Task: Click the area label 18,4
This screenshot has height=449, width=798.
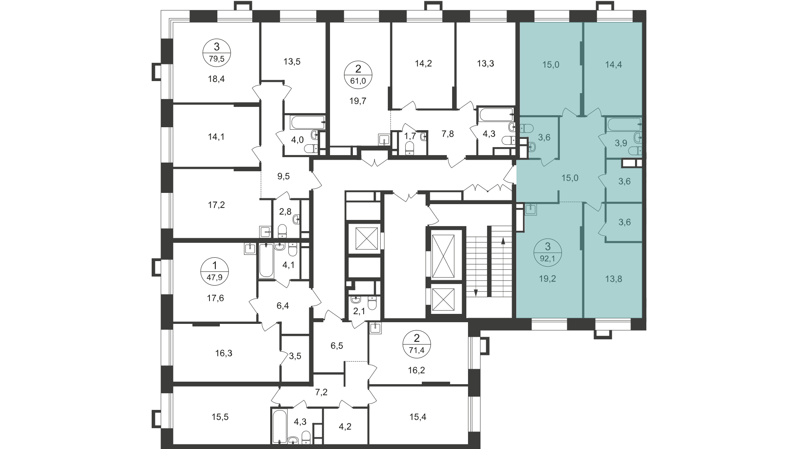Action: [x=217, y=79]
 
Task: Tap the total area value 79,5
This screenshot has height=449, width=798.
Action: [x=217, y=59]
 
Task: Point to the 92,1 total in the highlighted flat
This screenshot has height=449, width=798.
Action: [x=547, y=257]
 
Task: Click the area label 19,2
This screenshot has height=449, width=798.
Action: [x=547, y=279]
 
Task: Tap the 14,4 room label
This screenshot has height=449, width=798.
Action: [x=614, y=64]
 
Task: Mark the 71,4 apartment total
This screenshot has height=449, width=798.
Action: [x=417, y=350]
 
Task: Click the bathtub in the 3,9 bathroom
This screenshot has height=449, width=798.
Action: [x=623, y=124]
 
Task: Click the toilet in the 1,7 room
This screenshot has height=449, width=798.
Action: [x=410, y=148]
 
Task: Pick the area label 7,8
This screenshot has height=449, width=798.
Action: [x=448, y=134]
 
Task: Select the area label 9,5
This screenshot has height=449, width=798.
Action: [x=283, y=176]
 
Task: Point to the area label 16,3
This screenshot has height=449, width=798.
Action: [x=224, y=354]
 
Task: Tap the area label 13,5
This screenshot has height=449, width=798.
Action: [x=292, y=62]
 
